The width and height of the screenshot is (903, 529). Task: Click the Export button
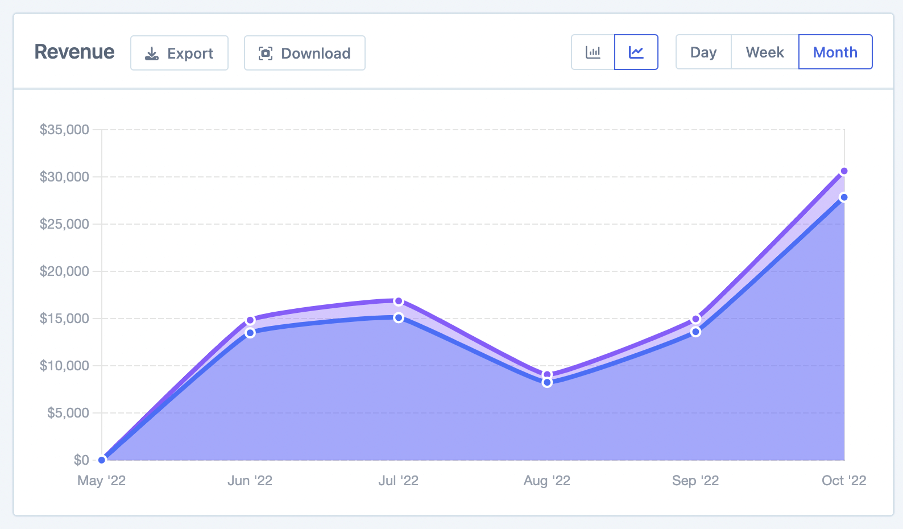pyautogui.click(x=179, y=53)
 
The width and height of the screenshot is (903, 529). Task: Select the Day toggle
pyautogui.click(x=703, y=52)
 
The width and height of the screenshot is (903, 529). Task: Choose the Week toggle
pyautogui.click(x=765, y=52)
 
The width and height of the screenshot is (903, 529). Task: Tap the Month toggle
pyautogui.click(x=835, y=52)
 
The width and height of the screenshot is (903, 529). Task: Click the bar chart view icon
pyautogui.click(x=593, y=52)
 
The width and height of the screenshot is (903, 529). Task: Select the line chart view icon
pyautogui.click(x=636, y=52)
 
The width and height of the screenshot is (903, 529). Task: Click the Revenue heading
pyautogui.click(x=74, y=52)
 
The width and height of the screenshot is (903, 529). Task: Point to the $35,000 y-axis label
pyautogui.click(x=64, y=130)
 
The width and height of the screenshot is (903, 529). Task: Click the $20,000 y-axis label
pyautogui.click(x=64, y=271)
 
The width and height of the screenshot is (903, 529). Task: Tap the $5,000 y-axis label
pyautogui.click(x=68, y=413)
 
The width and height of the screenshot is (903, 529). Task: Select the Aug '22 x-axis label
pyautogui.click(x=547, y=481)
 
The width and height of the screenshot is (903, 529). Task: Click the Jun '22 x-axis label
pyautogui.click(x=250, y=481)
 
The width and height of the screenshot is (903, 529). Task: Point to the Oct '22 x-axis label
pyautogui.click(x=844, y=481)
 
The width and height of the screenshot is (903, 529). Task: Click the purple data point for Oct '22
pyautogui.click(x=844, y=171)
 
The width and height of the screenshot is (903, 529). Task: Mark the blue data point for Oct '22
pyautogui.click(x=844, y=197)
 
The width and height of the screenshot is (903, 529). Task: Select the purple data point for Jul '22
pyautogui.click(x=399, y=301)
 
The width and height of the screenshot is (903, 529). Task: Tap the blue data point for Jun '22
pyautogui.click(x=250, y=333)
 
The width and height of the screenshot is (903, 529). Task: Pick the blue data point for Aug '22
pyautogui.click(x=547, y=382)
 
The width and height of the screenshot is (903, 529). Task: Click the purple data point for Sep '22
pyautogui.click(x=695, y=319)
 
